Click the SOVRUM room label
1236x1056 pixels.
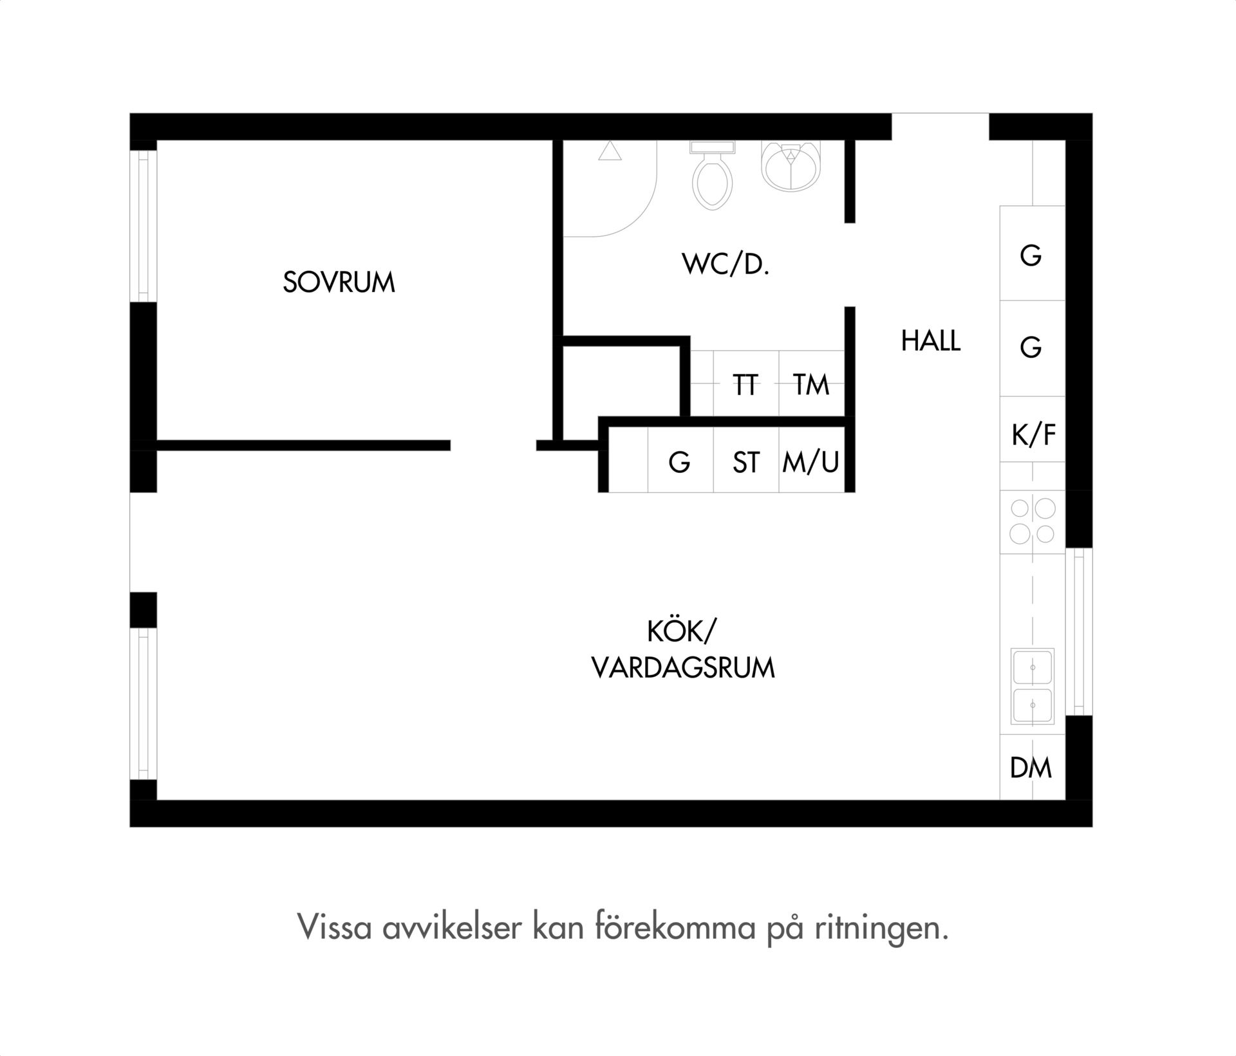[x=339, y=283]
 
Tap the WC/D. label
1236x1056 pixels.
[x=726, y=264]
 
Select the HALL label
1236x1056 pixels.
[x=931, y=341]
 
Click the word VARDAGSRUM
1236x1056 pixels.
[x=683, y=668]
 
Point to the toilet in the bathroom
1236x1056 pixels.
[x=712, y=174]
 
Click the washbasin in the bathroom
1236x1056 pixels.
[x=791, y=165]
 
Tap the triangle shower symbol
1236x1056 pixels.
[x=610, y=151]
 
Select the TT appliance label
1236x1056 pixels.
[x=745, y=385]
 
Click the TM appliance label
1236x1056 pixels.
[x=811, y=385]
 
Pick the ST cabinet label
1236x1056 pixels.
[x=746, y=462]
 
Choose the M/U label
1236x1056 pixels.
[x=811, y=462]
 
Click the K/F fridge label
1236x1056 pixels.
[x=1033, y=435]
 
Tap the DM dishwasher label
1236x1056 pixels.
[x=1031, y=768]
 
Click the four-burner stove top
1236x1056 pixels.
[x=1033, y=522]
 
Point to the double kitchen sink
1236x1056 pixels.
[x=1033, y=687]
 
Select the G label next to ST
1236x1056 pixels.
[x=680, y=462]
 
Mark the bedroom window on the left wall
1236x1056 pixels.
[x=144, y=226]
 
